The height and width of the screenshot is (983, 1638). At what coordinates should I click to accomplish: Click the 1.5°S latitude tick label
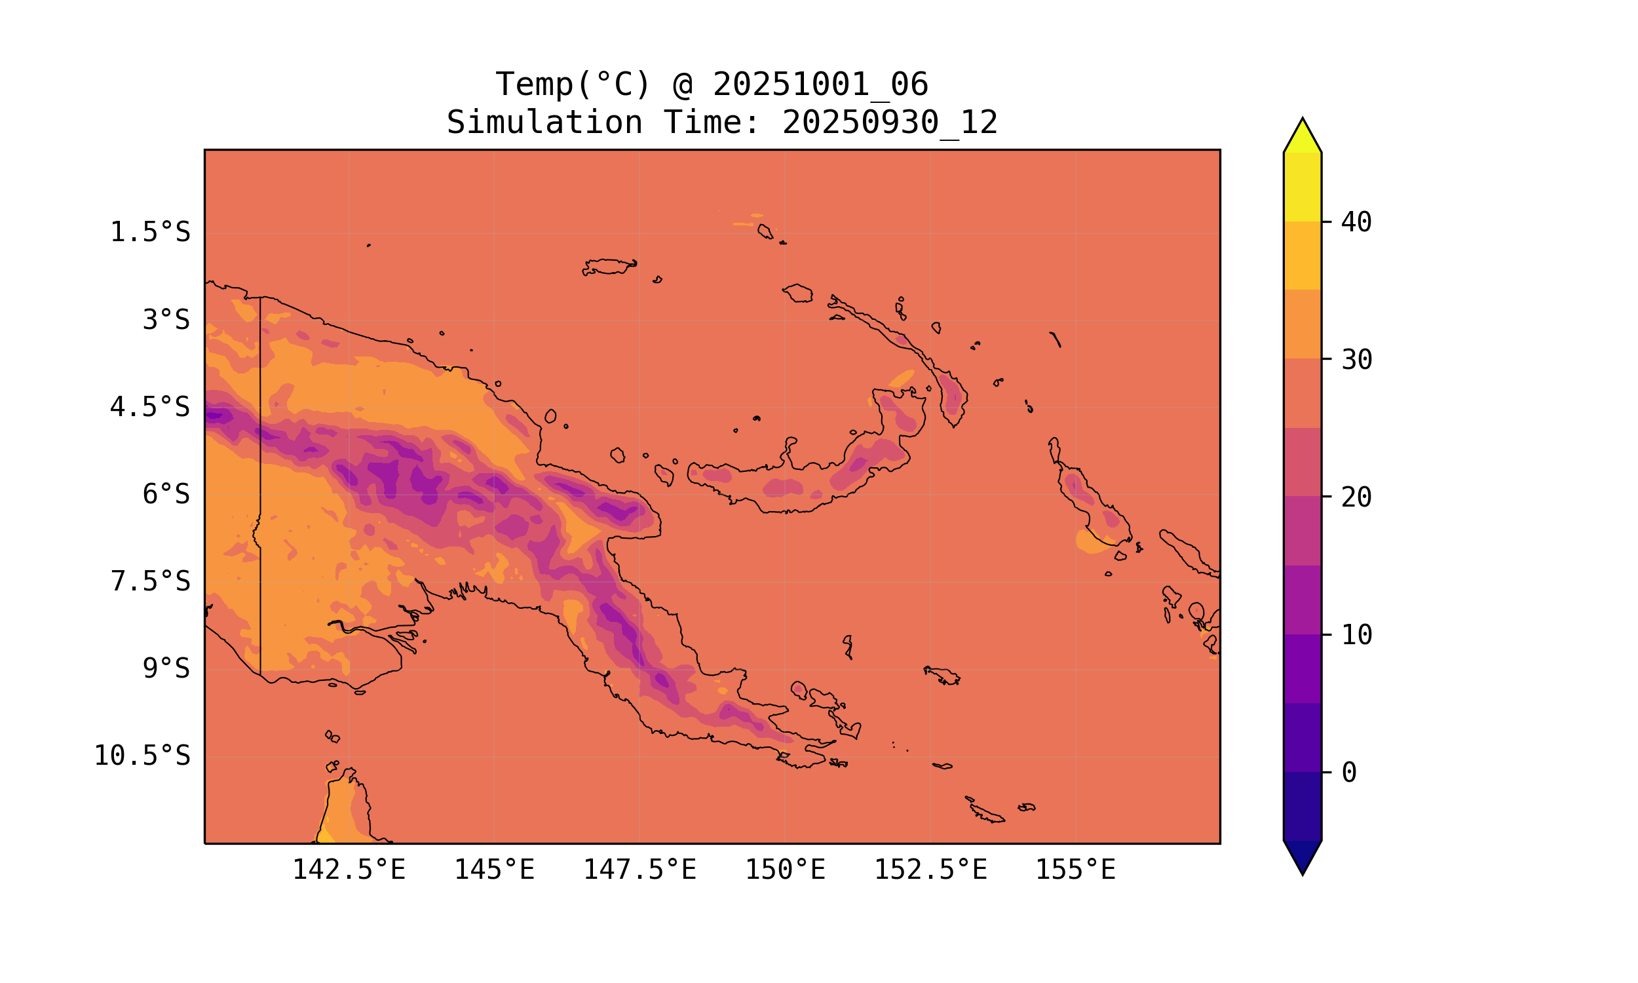149,233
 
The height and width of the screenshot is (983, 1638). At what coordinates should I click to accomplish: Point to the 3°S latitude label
166,320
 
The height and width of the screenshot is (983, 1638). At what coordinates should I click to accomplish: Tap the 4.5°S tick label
149,408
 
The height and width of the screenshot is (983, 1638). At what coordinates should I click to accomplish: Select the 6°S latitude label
166,494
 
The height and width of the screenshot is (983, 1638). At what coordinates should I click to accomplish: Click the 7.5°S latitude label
149,581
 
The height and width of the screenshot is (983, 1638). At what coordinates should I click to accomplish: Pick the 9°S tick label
166,668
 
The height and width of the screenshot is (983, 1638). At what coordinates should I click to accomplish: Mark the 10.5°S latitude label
142,756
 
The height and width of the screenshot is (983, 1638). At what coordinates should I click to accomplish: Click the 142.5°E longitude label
349,870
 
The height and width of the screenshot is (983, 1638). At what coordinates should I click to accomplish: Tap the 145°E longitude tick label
494,870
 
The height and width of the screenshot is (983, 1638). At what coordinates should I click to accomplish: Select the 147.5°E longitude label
639,870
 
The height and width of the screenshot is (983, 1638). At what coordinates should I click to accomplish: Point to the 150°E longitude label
785,870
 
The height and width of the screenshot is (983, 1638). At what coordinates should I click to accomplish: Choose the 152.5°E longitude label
930,870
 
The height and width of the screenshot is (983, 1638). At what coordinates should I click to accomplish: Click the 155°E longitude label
1075,870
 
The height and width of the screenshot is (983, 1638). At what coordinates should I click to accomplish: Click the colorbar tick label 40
1357,223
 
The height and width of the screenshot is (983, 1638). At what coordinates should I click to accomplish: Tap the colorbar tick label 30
1357,360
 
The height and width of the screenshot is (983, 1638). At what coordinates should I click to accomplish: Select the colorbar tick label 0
1349,773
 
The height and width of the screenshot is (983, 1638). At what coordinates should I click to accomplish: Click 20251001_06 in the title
820,85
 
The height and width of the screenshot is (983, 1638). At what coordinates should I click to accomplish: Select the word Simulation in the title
544,123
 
